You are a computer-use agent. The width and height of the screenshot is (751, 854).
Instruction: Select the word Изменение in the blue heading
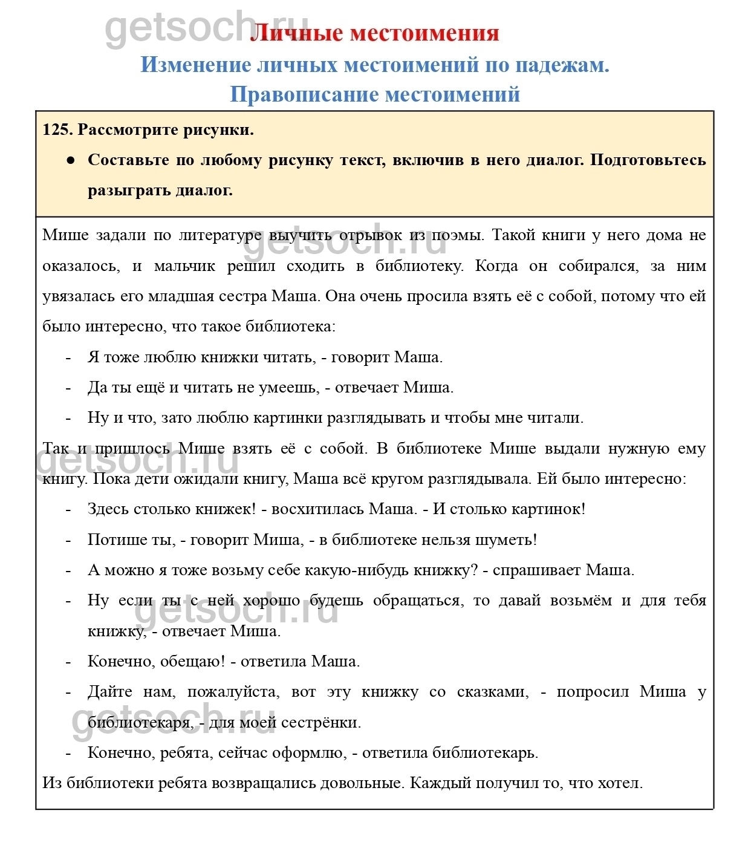tap(195, 64)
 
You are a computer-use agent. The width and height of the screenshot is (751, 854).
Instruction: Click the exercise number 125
tap(57, 130)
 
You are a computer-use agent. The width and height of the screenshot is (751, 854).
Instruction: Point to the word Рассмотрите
tap(123, 130)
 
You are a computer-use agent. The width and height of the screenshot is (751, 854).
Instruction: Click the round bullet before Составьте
tap(71, 160)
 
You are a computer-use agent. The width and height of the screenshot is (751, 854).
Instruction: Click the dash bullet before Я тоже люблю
tap(68, 357)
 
